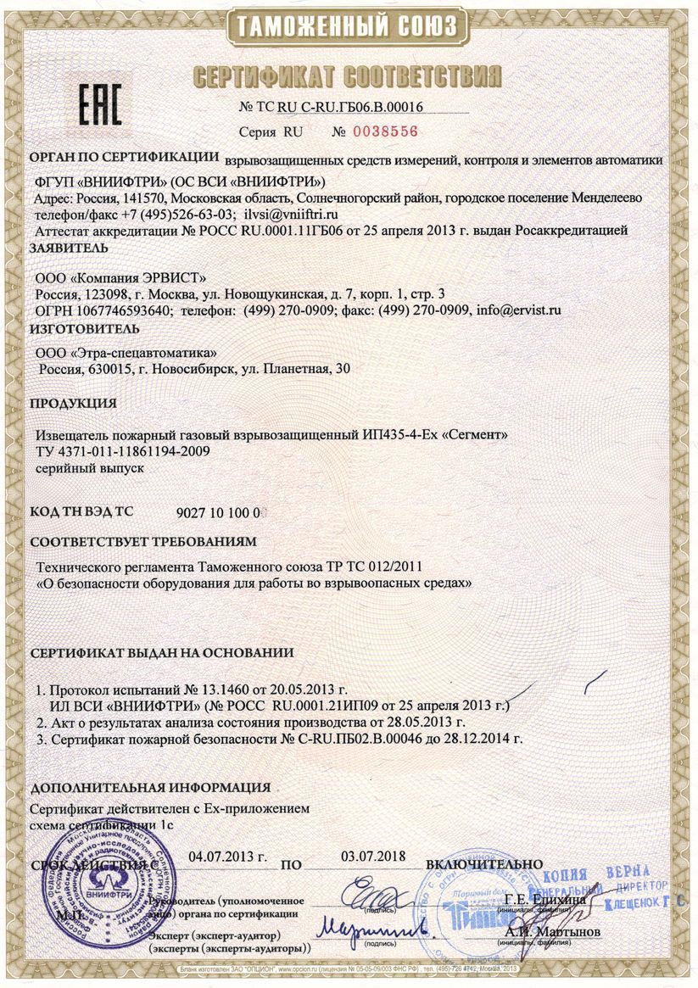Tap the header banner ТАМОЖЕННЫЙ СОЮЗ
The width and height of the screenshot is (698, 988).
pyautogui.click(x=349, y=26)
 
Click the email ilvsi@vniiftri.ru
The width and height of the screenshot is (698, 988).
pyautogui.click(x=291, y=215)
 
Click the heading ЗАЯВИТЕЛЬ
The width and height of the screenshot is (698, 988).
pyautogui.click(x=69, y=248)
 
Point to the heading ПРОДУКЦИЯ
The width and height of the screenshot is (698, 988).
pyautogui.click(x=73, y=403)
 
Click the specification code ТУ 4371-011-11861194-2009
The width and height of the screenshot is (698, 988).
pyautogui.click(x=123, y=450)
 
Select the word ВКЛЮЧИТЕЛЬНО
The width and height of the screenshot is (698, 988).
pyautogui.click(x=484, y=863)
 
